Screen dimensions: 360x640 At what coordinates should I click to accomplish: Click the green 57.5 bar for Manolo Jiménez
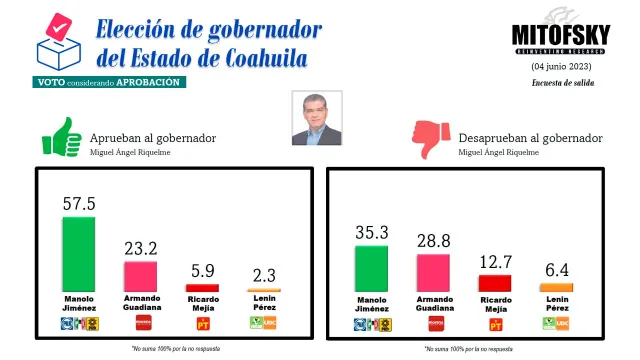point(79,253)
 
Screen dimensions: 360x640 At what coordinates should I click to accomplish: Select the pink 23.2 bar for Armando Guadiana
point(139,276)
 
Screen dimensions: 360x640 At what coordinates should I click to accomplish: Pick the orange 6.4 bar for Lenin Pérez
point(556,288)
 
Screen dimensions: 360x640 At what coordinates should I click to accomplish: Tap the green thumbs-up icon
point(61,137)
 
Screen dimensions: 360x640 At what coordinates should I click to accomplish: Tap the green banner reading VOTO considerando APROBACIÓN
point(109,82)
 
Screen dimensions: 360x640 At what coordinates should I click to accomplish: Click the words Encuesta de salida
point(563,83)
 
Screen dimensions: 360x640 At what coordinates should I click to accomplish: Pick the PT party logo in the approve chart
point(203,323)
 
